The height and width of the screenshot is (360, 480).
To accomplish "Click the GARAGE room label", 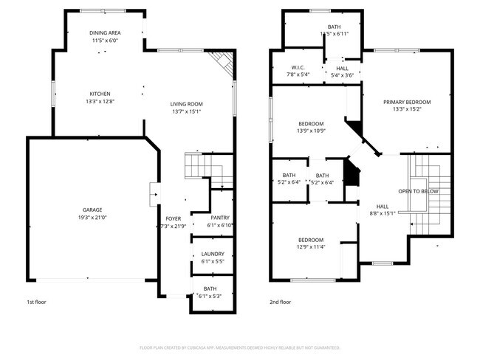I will [x=92, y=210].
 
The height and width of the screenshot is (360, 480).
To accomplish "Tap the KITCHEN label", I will [x=100, y=94].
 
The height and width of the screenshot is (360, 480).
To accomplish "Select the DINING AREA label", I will [x=106, y=33].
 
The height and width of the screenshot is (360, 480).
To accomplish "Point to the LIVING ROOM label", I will [x=187, y=104].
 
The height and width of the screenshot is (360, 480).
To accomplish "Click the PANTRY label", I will [x=220, y=218].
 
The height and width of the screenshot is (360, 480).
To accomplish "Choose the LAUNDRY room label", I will [x=213, y=254].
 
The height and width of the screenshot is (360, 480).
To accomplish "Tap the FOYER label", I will [x=173, y=218].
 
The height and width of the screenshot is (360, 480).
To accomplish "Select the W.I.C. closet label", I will [x=298, y=68].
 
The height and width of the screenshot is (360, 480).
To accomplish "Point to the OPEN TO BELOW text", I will [x=418, y=191].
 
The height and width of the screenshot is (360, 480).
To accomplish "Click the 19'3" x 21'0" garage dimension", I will [x=92, y=217].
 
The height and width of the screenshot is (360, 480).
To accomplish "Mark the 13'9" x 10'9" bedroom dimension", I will [x=311, y=131].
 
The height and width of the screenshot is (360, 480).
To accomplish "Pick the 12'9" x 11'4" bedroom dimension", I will [x=311, y=247].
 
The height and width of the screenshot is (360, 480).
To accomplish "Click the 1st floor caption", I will [x=37, y=302].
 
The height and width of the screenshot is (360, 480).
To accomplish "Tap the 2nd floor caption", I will [x=280, y=302].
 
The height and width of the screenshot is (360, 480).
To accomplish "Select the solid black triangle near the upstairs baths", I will [x=353, y=175].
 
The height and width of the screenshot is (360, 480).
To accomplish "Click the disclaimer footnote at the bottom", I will [x=240, y=347].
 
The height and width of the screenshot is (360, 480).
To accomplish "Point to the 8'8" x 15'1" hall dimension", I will [x=383, y=213].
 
